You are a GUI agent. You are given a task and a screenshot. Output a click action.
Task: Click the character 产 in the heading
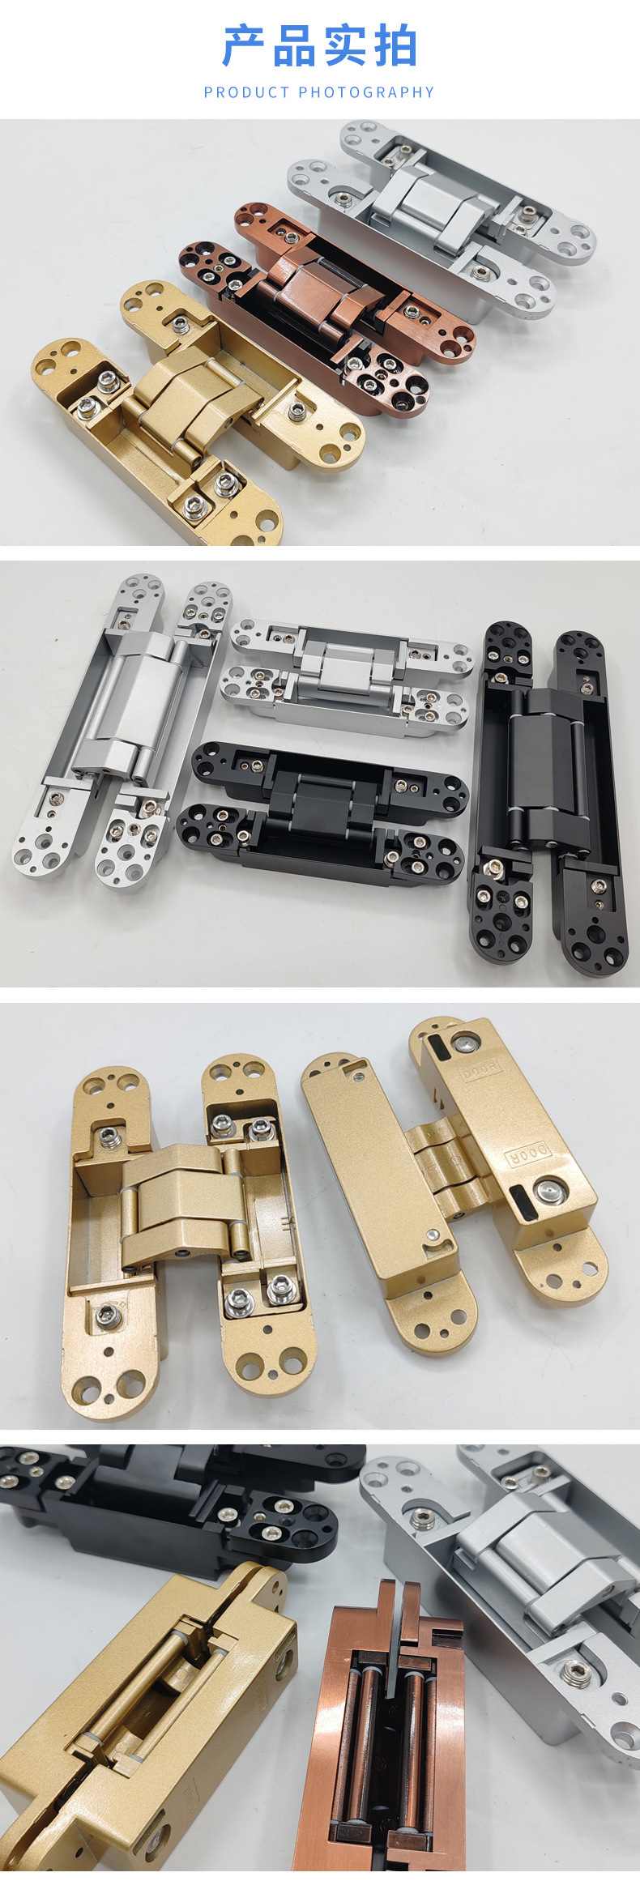(x=245, y=46)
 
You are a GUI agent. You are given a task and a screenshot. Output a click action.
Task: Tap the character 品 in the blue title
(x=294, y=46)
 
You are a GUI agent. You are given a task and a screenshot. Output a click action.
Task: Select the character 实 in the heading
(x=345, y=46)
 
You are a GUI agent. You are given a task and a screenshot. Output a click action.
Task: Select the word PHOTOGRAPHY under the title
(x=367, y=92)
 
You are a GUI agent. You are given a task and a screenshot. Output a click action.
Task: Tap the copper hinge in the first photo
(x=327, y=309)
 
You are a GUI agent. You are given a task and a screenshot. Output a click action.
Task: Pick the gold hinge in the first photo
(x=194, y=413)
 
